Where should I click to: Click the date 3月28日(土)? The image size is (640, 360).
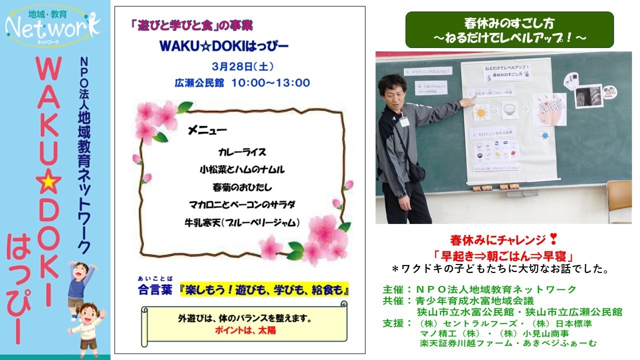click(x=235, y=66)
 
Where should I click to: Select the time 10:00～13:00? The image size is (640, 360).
click(x=270, y=82)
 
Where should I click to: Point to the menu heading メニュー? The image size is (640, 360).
click(x=207, y=131)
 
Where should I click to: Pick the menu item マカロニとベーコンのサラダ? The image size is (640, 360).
click(x=242, y=204)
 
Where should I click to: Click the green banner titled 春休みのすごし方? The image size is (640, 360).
click(x=509, y=30)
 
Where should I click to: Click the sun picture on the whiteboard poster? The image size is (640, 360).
click(x=480, y=111)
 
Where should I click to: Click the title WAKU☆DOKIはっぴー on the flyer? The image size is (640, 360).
click(x=224, y=46)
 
